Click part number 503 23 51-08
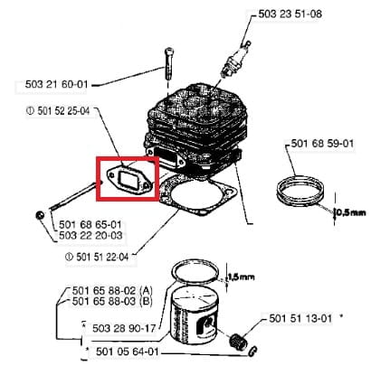(290, 14)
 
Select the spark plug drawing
(235, 59)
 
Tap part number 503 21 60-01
(56, 84)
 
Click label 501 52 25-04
(58, 111)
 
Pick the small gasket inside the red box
(128, 180)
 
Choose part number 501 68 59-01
(322, 143)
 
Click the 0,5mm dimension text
(351, 212)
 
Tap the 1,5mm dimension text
(241, 277)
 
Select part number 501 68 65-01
(90, 225)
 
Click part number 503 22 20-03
(90, 235)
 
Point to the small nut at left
(40, 216)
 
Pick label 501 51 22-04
(97, 257)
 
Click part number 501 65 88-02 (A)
(112, 291)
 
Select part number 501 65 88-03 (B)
(112, 301)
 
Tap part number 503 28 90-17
(124, 328)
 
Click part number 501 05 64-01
(128, 352)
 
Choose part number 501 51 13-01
(300, 318)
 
